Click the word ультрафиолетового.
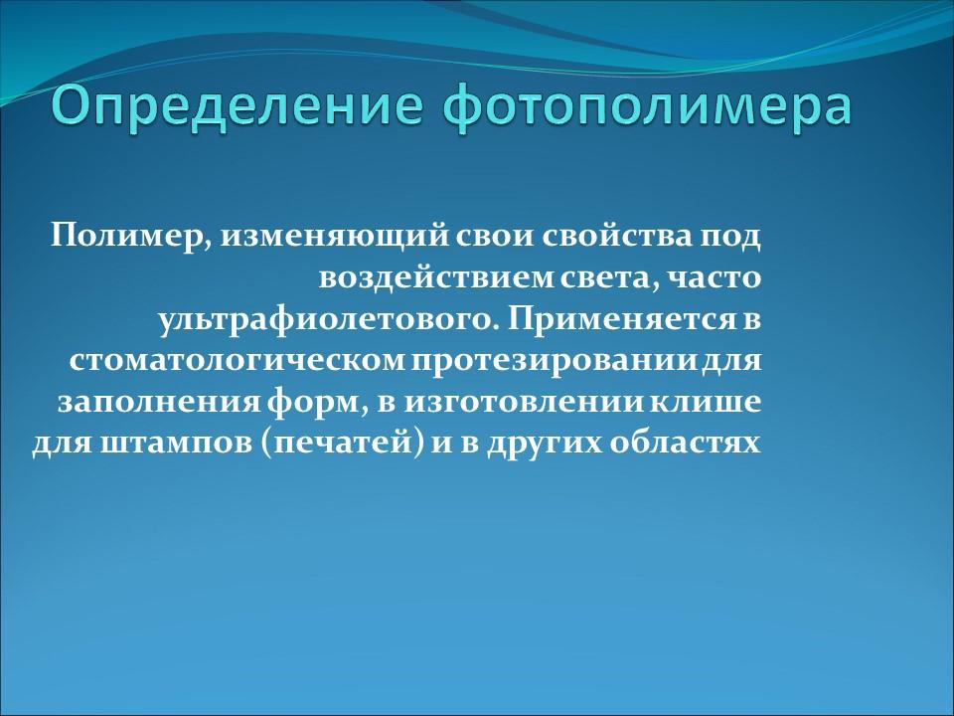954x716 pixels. click(327, 318)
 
